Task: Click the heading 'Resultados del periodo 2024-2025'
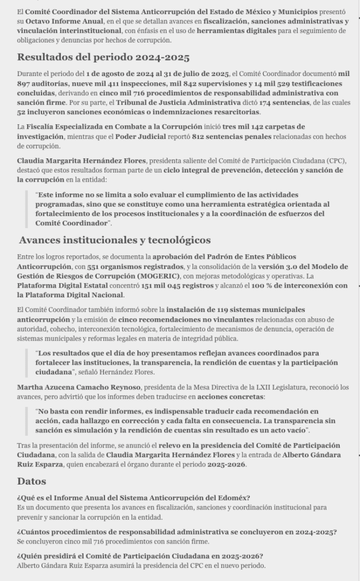tap(103, 57)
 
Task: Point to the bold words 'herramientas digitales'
tap(233, 31)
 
